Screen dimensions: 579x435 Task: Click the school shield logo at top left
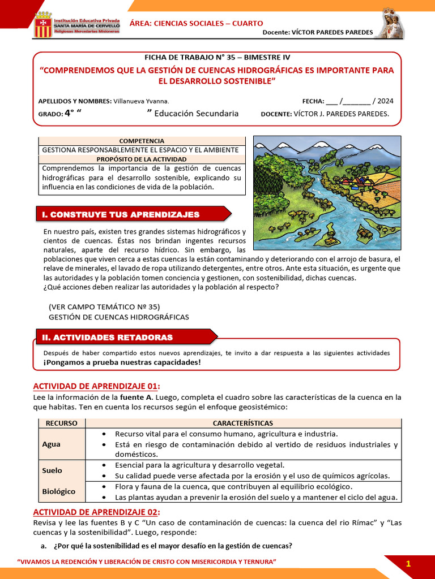[x=43, y=24]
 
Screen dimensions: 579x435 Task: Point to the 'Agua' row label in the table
[x=51, y=444]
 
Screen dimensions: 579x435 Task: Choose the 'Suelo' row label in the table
[x=52, y=470]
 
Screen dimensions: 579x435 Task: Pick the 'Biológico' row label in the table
[x=58, y=491]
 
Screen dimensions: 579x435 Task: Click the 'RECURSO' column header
[x=61, y=423]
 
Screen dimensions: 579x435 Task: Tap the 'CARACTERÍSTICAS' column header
[x=242, y=423]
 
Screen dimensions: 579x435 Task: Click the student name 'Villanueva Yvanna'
[x=141, y=101]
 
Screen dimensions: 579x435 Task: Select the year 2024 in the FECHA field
[x=385, y=101]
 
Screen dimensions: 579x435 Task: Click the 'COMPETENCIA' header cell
[x=142, y=141]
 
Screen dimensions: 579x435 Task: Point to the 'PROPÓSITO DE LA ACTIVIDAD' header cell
[x=142, y=159]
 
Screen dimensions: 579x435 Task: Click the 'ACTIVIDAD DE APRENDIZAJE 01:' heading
[x=97, y=386]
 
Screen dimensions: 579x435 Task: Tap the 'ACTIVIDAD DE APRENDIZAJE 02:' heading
[x=97, y=512]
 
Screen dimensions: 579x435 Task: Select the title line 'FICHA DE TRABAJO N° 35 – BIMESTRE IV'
[x=217, y=57]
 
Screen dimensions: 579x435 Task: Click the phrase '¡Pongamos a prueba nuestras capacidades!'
[x=122, y=362]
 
